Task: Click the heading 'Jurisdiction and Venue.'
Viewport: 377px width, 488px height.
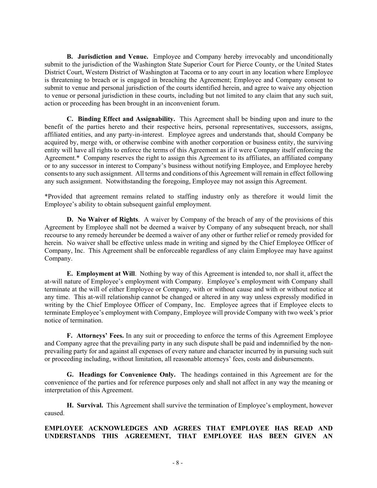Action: tap(113, 57)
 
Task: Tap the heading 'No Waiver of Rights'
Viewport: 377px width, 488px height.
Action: tap(108, 220)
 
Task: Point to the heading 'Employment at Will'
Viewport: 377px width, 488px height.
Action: tap(106, 274)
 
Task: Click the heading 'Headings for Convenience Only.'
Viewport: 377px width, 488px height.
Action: tap(127, 375)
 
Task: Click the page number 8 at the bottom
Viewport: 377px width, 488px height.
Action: tap(178, 463)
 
